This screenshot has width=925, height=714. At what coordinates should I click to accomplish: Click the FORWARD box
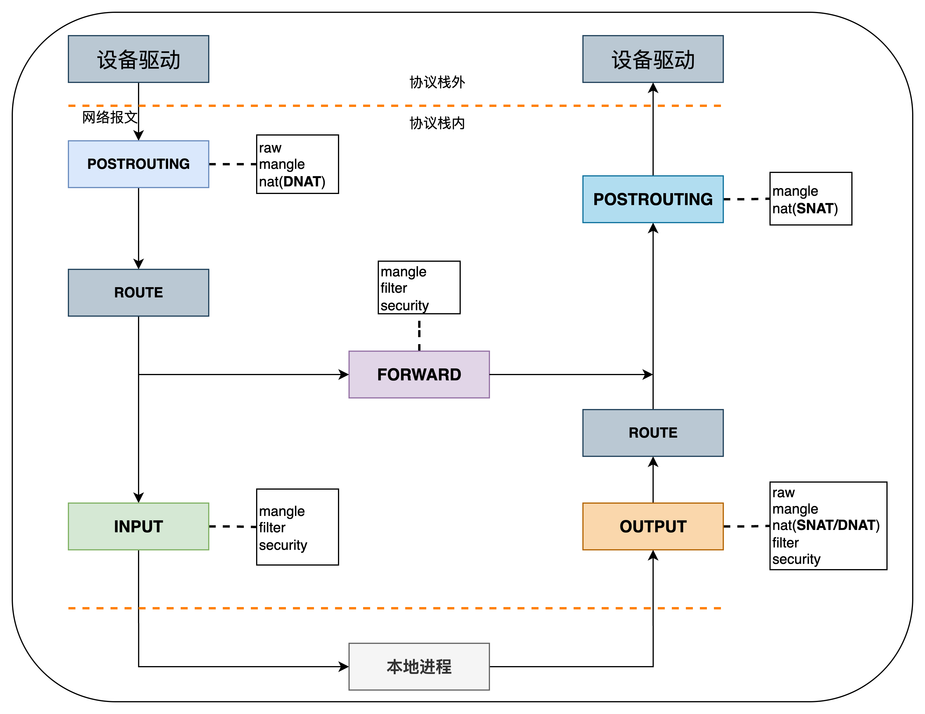[x=419, y=375]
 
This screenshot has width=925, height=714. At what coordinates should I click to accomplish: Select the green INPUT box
[x=139, y=526]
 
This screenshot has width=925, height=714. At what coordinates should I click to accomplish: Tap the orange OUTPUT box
[x=653, y=526]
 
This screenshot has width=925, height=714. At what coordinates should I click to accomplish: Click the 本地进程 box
[x=419, y=667]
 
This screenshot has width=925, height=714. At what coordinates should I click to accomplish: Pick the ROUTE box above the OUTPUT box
[x=653, y=433]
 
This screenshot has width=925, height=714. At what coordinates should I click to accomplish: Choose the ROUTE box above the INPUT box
[x=139, y=292]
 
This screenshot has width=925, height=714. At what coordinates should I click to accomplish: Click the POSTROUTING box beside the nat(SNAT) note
[x=653, y=199]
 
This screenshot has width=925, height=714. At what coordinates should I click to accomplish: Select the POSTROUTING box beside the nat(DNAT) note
[x=139, y=164]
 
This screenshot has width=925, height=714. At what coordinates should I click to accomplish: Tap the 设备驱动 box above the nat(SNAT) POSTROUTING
[x=653, y=59]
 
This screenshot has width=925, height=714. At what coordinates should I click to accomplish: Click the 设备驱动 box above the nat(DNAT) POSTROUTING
[x=139, y=59]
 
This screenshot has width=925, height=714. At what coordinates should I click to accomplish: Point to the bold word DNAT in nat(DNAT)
[x=302, y=182]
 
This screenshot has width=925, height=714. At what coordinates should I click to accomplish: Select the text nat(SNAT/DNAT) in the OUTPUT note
[x=826, y=525]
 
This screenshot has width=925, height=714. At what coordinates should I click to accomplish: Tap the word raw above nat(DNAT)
[x=270, y=148]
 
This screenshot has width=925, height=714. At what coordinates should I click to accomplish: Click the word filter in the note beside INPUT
[x=272, y=528]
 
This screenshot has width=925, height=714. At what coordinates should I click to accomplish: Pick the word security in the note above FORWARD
[x=404, y=306]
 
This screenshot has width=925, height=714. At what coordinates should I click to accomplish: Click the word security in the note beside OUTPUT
[x=796, y=559]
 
